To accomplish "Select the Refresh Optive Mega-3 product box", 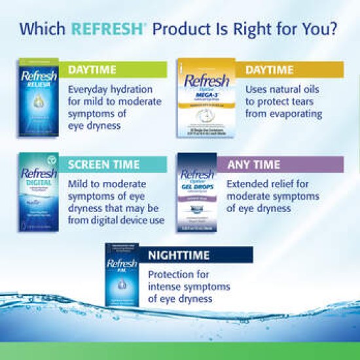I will click(x=205, y=98).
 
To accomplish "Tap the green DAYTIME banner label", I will click(x=92, y=70).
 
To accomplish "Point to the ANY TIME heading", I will click(x=253, y=164).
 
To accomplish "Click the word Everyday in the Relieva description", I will click(x=90, y=88).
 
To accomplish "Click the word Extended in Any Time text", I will click(x=248, y=183).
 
